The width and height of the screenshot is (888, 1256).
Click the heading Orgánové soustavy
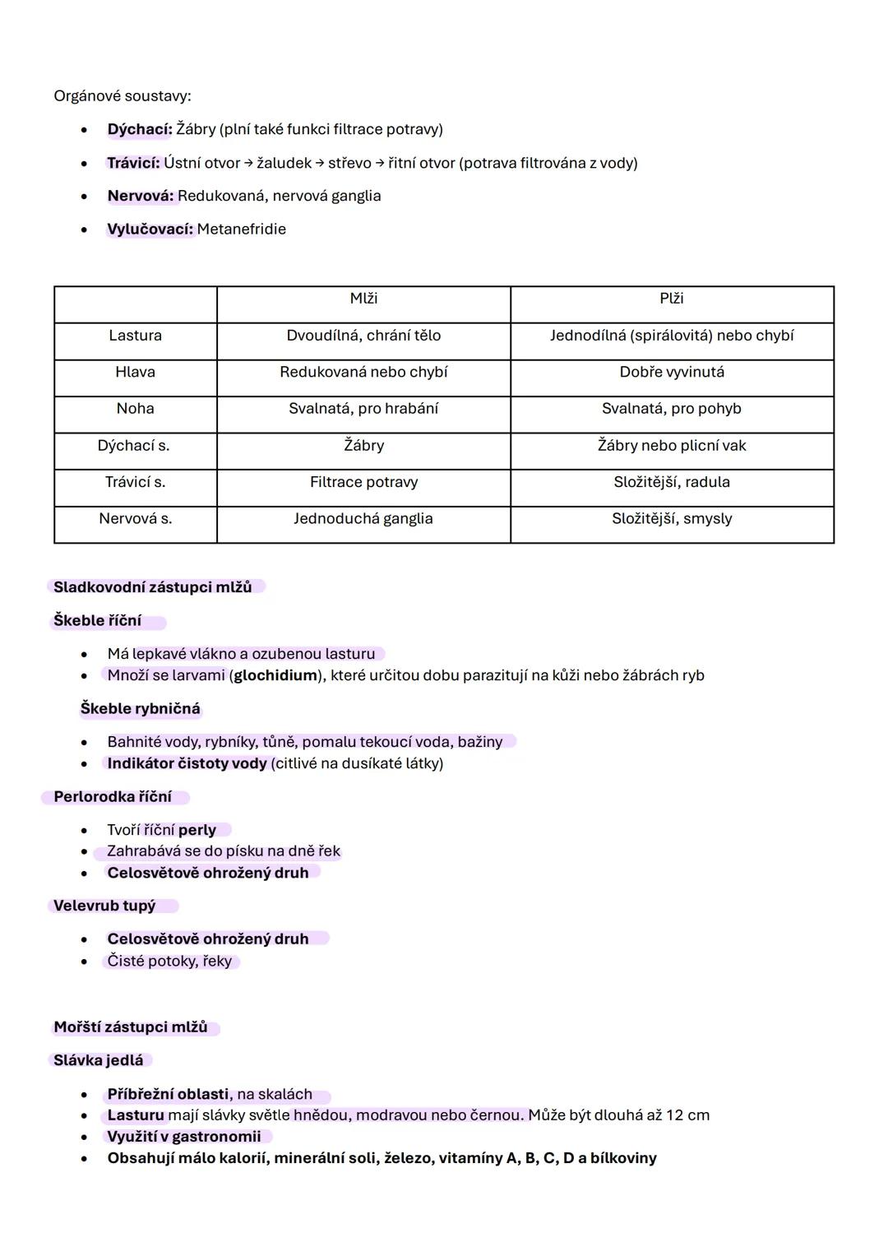pyautogui.click(x=122, y=96)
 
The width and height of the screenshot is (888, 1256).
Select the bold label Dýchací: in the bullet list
pyautogui.click(x=139, y=129)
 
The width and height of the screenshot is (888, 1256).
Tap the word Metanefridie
pyautogui.click(x=241, y=229)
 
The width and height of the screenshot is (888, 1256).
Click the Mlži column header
pyautogui.click(x=363, y=299)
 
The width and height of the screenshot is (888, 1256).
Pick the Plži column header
pyautogui.click(x=671, y=299)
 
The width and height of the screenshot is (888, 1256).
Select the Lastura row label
pyautogui.click(x=135, y=336)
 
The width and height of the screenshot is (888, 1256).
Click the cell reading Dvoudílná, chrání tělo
pyautogui.click(x=363, y=336)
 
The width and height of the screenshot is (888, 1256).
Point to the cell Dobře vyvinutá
pyautogui.click(x=671, y=372)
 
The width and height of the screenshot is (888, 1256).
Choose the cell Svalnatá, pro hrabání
pyautogui.click(x=363, y=409)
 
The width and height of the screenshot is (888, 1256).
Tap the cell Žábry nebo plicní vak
pyautogui.click(x=671, y=446)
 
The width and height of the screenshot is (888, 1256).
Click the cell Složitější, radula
pyautogui.click(x=671, y=482)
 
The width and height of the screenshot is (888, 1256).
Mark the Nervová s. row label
pyautogui.click(x=135, y=519)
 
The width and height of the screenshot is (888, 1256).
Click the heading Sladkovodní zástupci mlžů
pyautogui.click(x=152, y=587)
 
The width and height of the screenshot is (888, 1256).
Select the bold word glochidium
pyautogui.click(x=275, y=675)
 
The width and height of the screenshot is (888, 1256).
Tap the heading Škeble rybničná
pyautogui.click(x=140, y=709)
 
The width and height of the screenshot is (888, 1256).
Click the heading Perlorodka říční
pyautogui.click(x=113, y=797)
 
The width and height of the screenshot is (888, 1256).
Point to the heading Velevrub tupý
pyautogui.click(x=104, y=906)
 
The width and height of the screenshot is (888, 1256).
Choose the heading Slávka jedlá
pyautogui.click(x=98, y=1060)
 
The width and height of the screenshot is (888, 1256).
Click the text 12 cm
pyautogui.click(x=687, y=1115)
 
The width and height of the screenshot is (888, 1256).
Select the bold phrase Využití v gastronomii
pyautogui.click(x=183, y=1137)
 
